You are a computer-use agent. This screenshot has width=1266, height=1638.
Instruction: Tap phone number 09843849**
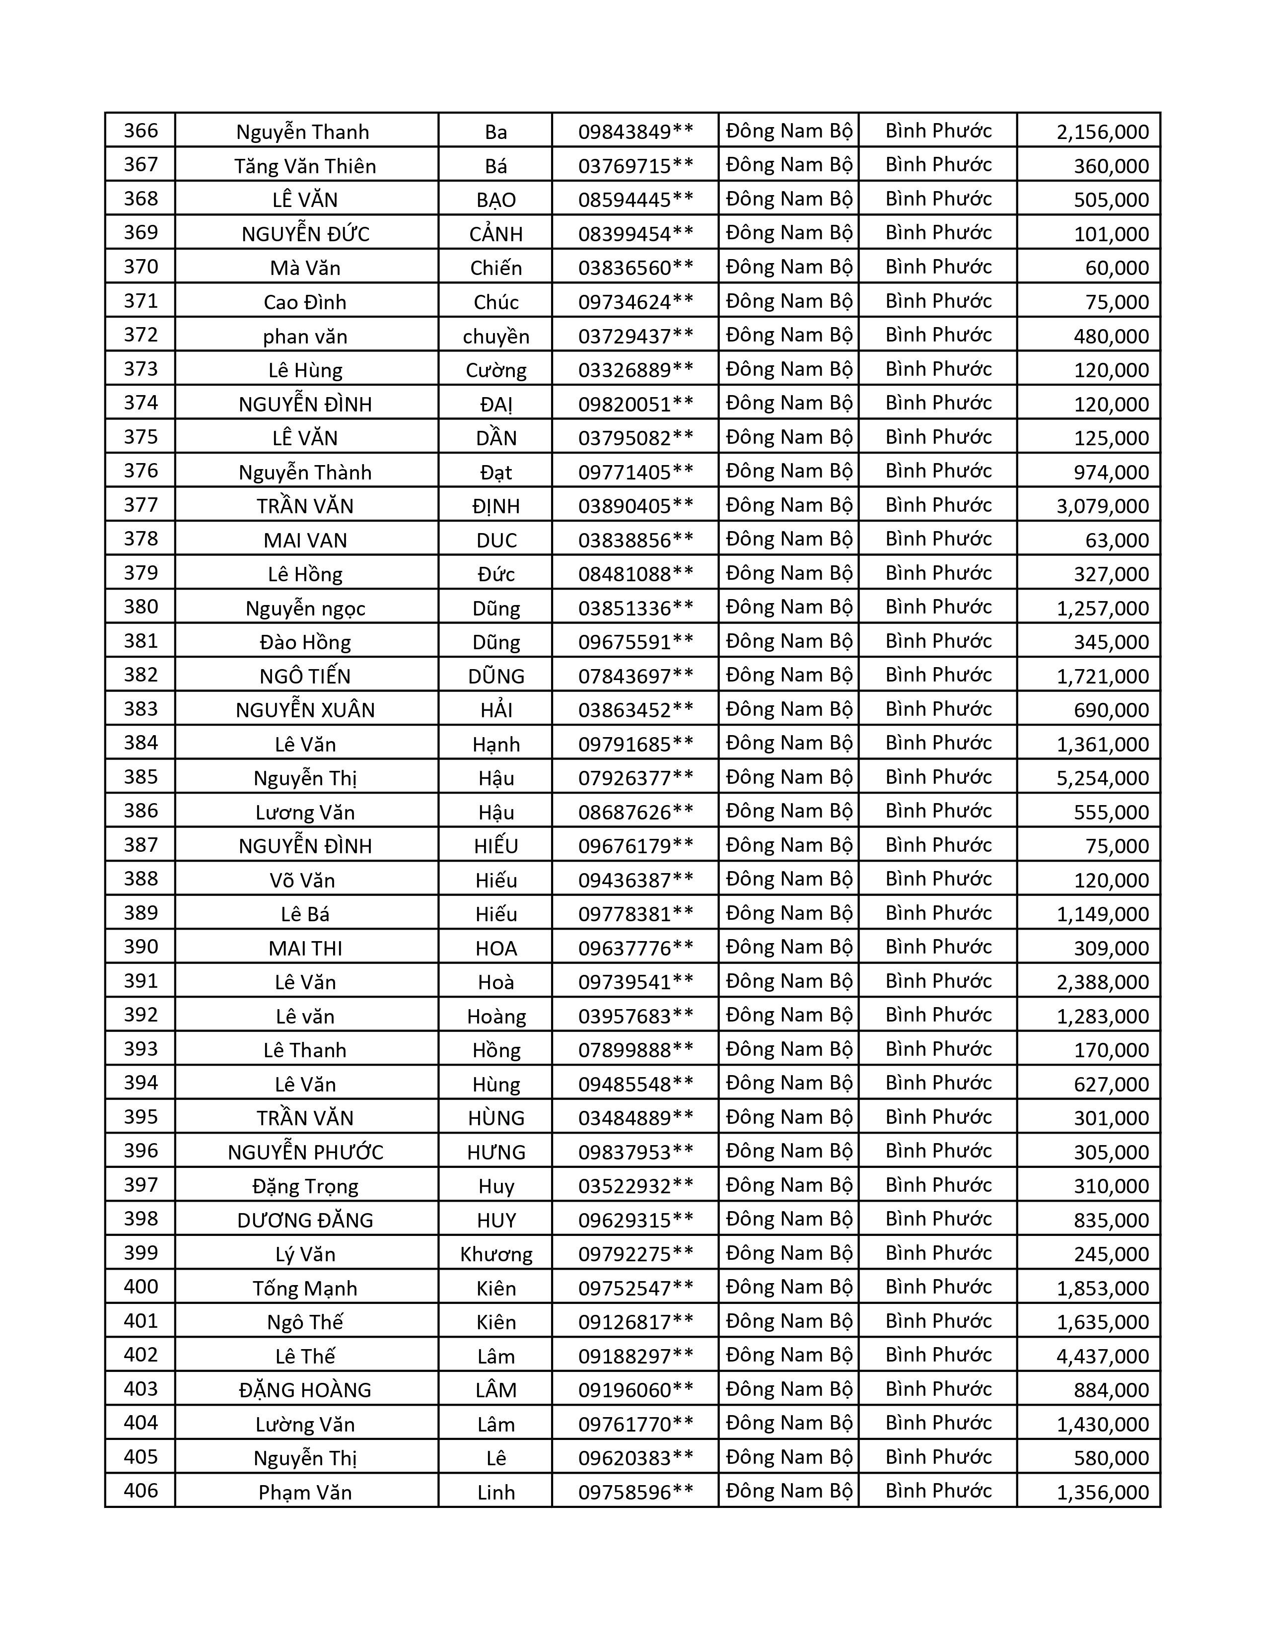click(x=635, y=131)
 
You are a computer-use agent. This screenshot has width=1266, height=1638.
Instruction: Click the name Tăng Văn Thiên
click(x=305, y=166)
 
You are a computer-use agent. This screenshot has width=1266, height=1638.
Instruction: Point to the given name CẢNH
click(x=496, y=234)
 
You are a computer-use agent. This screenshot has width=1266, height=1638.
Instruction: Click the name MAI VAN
click(x=305, y=540)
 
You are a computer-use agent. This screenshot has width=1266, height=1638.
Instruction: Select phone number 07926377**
click(x=635, y=778)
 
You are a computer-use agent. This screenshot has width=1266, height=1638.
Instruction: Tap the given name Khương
click(x=496, y=1254)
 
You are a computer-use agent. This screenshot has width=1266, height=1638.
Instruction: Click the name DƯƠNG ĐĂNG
click(x=305, y=1220)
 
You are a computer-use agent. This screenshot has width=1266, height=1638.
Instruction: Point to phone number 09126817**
click(x=635, y=1322)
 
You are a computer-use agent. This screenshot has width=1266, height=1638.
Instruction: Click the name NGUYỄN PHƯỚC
click(x=305, y=1152)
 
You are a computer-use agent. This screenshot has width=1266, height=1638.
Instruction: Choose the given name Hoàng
click(x=496, y=1016)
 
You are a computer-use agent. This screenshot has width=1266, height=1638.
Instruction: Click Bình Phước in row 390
click(x=938, y=947)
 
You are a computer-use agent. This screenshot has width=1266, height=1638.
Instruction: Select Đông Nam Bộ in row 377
click(x=789, y=505)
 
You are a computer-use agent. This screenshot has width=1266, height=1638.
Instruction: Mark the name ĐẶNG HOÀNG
click(x=305, y=1390)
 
